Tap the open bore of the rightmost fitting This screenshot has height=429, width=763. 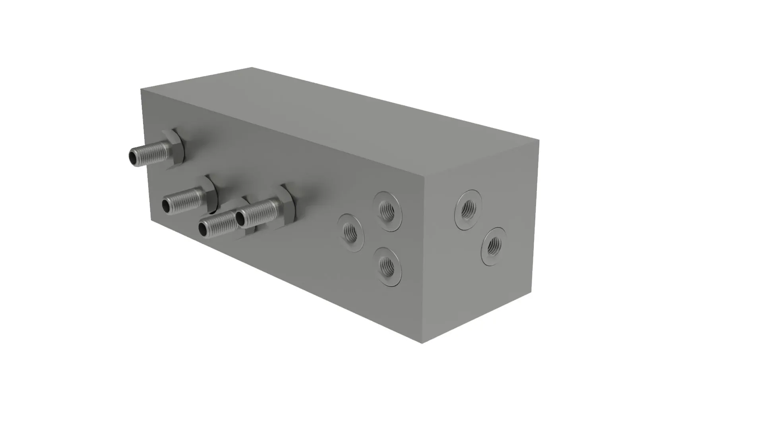(x=240, y=218)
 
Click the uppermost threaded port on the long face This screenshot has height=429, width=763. (x=387, y=211)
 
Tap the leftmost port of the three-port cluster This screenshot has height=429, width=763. (x=351, y=233)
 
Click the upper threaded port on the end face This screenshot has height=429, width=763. (x=469, y=209)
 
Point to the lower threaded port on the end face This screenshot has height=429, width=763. (x=494, y=246)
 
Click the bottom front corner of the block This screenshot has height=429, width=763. (x=422, y=343)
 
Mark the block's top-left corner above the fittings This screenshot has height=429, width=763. (x=141, y=89)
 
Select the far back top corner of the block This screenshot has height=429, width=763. (x=252, y=68)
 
